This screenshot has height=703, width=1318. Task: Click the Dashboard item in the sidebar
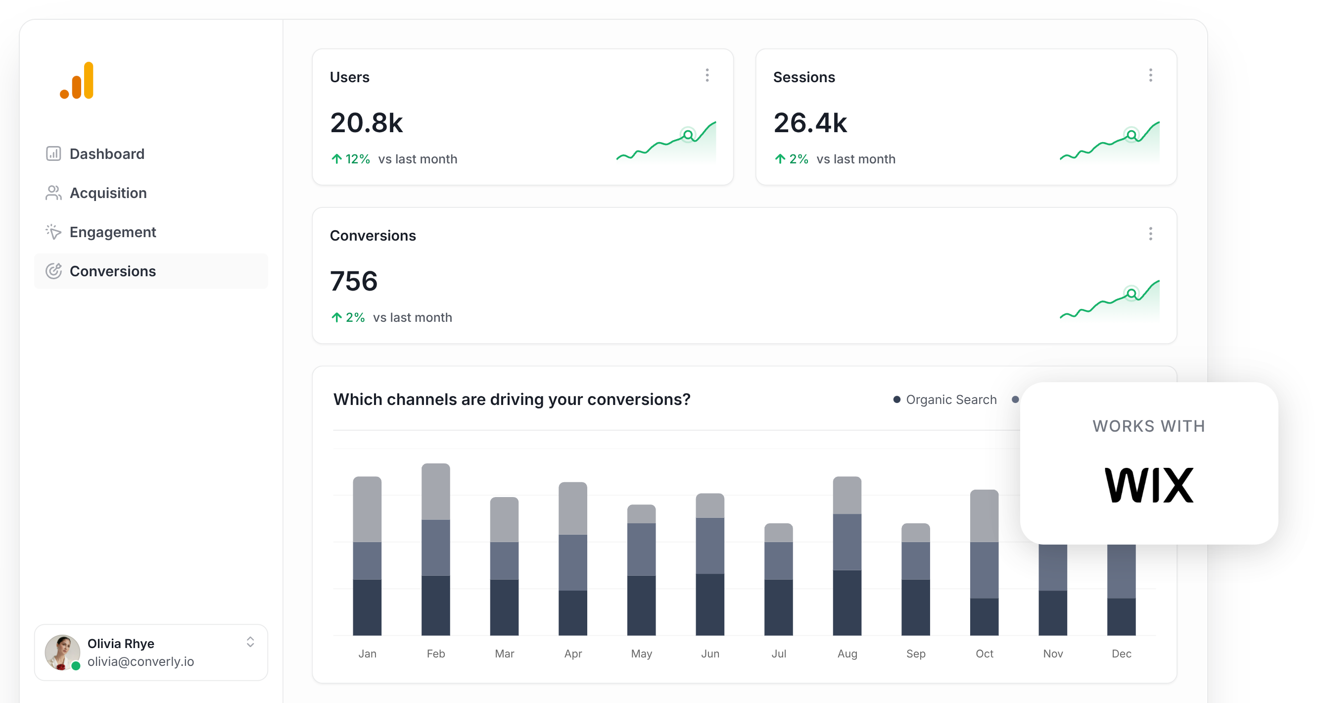(x=106, y=153)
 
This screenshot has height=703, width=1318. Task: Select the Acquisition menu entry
(x=107, y=193)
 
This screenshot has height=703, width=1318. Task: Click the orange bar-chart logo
(x=77, y=80)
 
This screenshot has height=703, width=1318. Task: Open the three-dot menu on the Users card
(x=707, y=76)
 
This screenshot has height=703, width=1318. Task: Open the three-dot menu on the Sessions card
(x=1150, y=76)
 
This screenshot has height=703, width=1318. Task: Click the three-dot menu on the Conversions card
(x=1150, y=234)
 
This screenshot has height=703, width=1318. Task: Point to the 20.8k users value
(x=366, y=123)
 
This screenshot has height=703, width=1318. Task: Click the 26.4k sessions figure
(x=810, y=123)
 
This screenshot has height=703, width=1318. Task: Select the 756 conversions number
(x=354, y=281)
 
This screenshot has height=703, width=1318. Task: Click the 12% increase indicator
(x=351, y=159)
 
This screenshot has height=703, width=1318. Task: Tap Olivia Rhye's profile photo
(x=62, y=652)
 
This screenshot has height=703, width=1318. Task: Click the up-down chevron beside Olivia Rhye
(x=250, y=642)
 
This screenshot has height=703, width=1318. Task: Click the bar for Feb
(x=435, y=549)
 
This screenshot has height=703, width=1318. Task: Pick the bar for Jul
(x=778, y=579)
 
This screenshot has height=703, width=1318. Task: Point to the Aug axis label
(x=847, y=654)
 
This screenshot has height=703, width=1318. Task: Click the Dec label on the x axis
(x=1121, y=654)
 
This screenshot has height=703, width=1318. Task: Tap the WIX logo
(x=1149, y=485)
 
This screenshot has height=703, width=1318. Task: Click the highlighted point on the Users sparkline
(x=688, y=135)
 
